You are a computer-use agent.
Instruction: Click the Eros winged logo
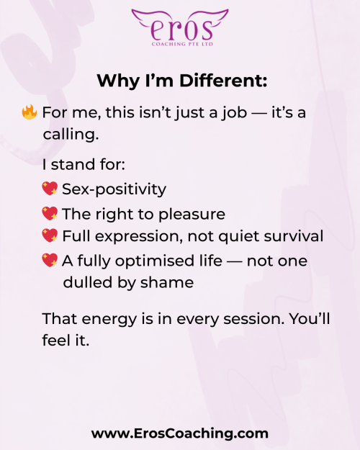[180, 27]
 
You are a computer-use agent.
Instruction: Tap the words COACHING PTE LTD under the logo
[182, 44]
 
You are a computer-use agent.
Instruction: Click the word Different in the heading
[223, 81]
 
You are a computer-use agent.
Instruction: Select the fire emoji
[30, 112]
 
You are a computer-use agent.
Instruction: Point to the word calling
[71, 134]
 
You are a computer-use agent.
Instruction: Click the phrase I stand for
[84, 164]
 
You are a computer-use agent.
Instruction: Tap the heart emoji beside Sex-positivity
[50, 189]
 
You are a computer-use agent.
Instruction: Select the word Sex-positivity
[114, 189]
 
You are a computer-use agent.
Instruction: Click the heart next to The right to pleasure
[50, 214]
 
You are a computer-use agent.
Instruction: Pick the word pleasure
[192, 215]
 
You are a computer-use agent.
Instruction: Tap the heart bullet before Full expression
[50, 235]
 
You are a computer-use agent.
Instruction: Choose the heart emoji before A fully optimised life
[50, 261]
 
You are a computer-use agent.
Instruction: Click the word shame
[167, 282]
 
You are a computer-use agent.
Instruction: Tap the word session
[253, 319]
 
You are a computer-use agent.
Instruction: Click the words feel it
[66, 341]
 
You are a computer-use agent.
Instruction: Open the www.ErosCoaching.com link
[180, 433]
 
